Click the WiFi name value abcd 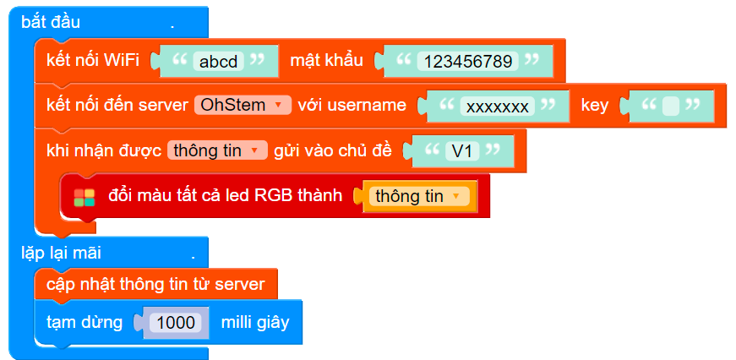point(218,61)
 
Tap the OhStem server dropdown point(243,105)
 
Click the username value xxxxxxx point(498,106)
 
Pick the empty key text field point(671,106)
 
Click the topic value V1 point(461,151)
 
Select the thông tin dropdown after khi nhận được point(217,150)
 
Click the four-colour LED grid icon point(85,197)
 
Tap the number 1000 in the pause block point(176,322)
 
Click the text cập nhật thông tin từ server point(155,283)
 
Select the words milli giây point(254,322)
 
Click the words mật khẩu point(326,60)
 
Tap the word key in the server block point(594,105)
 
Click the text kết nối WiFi point(93,60)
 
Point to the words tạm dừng point(85,322)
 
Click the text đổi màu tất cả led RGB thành point(225,196)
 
